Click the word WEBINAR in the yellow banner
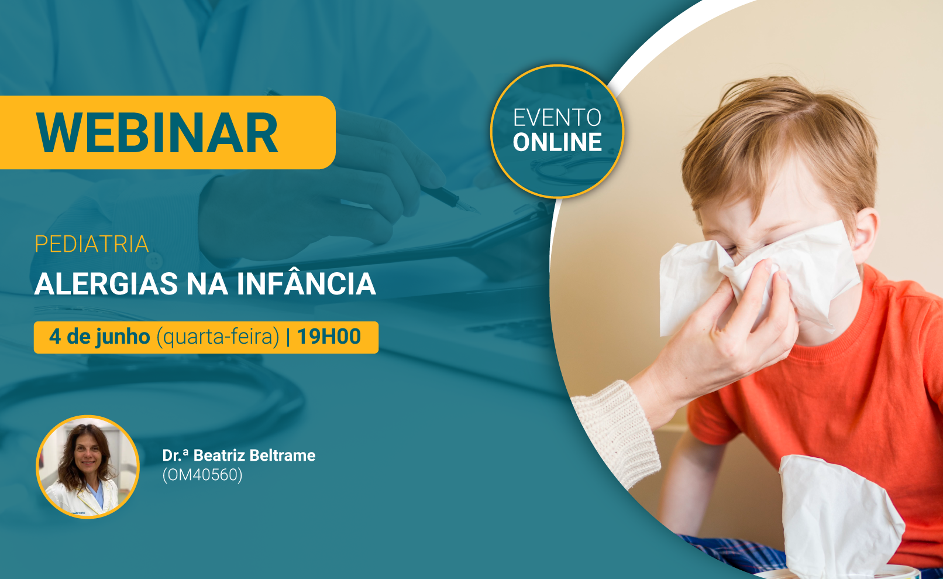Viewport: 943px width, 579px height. (x=157, y=133)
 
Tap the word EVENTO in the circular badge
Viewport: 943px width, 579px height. (x=557, y=118)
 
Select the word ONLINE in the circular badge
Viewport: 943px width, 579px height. (x=557, y=142)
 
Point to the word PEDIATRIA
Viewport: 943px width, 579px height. (x=92, y=244)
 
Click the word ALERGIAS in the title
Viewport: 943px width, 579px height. (x=106, y=284)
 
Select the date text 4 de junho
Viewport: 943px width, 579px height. (x=99, y=337)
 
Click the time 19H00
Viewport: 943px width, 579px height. (x=329, y=336)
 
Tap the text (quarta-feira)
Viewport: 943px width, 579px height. (x=218, y=337)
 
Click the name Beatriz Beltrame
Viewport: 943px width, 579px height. (x=254, y=455)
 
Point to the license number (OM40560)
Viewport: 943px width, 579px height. (x=202, y=475)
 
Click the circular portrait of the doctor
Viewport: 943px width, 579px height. (x=88, y=467)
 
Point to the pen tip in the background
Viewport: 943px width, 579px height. (x=471, y=208)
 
